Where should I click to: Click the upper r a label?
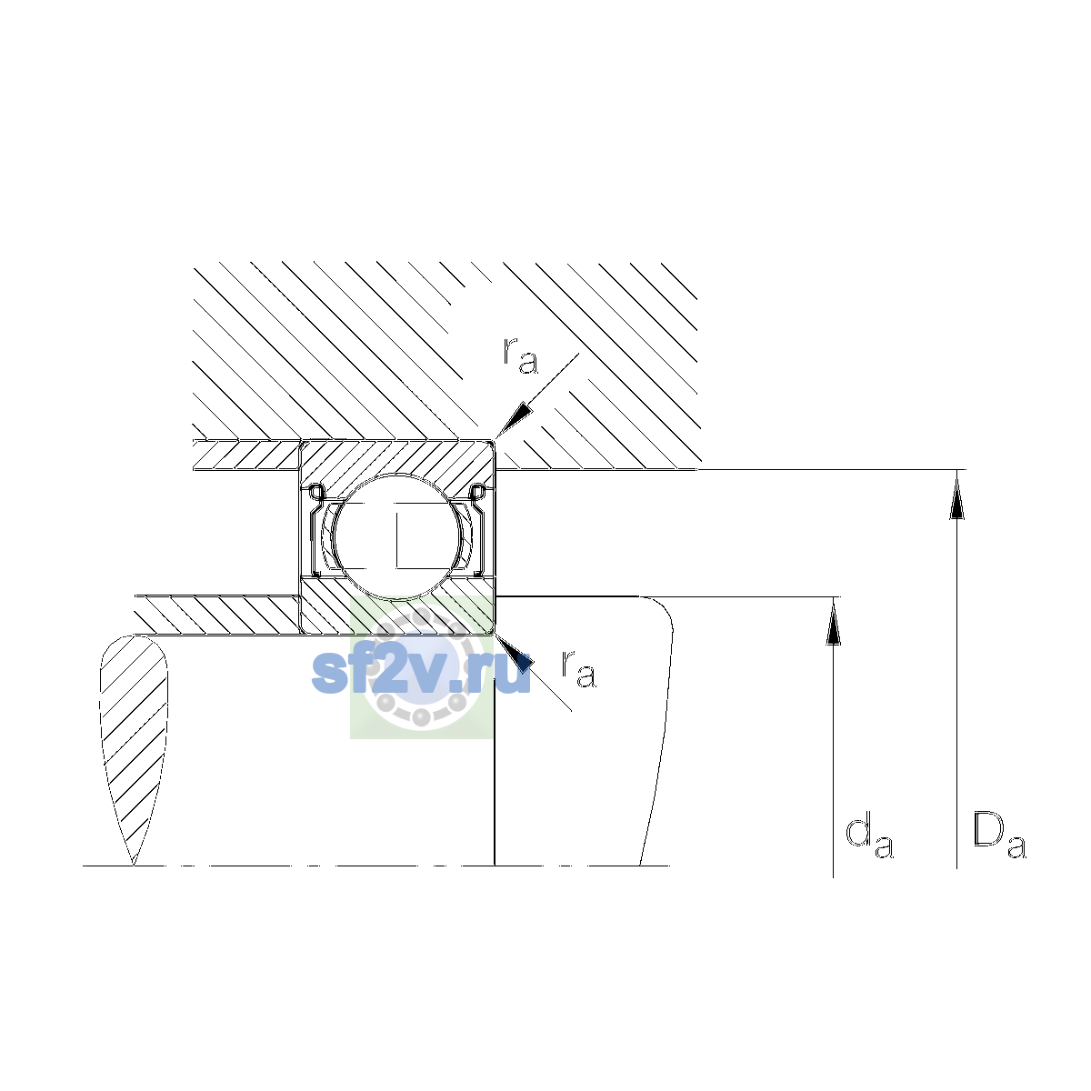coord(520,355)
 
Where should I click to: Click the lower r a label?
coord(578,668)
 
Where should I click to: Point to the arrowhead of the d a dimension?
coord(832,622)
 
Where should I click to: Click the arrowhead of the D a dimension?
coord(956,495)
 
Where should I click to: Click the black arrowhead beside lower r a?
coord(514,654)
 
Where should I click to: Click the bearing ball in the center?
coord(398,536)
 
